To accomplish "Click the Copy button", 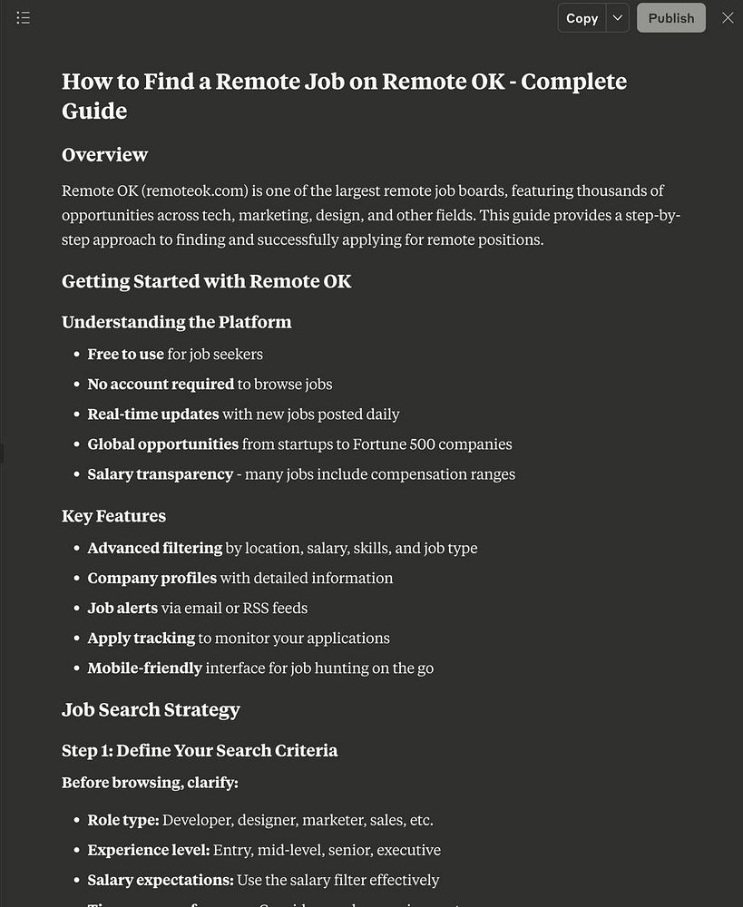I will point(582,18).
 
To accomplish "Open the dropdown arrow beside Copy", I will point(617,18).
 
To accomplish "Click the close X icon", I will point(728,18).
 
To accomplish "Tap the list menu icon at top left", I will point(24,18).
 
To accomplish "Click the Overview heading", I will point(104,155).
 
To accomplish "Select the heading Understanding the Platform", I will point(176,322).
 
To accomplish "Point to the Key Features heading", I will point(113,516).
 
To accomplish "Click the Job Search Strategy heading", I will point(151,710).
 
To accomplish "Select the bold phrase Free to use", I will point(125,355).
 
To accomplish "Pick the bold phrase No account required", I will point(161,385).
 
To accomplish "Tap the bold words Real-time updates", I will point(153,414).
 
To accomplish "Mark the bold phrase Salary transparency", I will point(160,474).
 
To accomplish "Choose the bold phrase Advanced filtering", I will point(154,549).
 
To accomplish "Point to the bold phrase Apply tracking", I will point(141,639).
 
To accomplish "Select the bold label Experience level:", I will point(148,851).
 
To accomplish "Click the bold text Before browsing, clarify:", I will point(150,783).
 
